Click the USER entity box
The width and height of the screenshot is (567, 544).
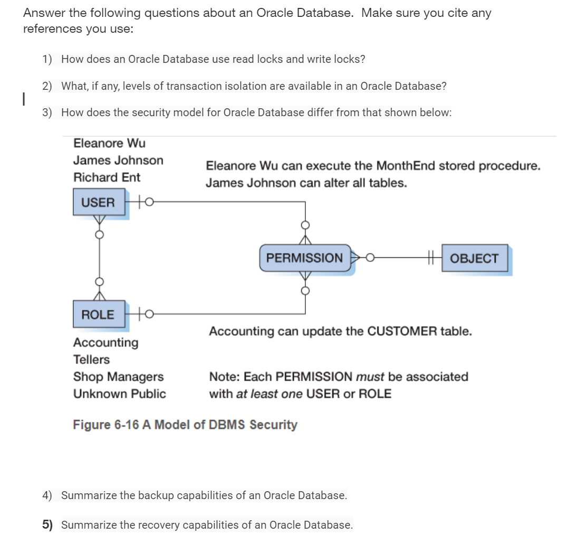click(x=99, y=202)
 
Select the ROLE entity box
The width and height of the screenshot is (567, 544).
click(x=98, y=314)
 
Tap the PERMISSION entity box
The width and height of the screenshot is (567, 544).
click(x=304, y=258)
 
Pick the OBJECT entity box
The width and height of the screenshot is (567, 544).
click(x=474, y=258)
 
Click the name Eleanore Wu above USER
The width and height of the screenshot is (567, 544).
click(x=109, y=143)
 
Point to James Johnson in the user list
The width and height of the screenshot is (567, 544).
click(x=118, y=160)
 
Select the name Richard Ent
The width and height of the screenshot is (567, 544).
click(x=107, y=177)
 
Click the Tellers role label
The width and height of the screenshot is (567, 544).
click(x=91, y=360)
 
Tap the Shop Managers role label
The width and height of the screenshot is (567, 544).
click(x=118, y=377)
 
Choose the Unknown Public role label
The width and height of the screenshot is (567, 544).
click(x=119, y=393)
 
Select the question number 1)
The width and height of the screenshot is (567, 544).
click(x=47, y=59)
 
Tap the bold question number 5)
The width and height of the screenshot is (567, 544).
click(x=48, y=525)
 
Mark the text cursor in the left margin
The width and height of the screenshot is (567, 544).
click(x=22, y=99)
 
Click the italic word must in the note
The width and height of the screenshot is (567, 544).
click(x=371, y=377)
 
